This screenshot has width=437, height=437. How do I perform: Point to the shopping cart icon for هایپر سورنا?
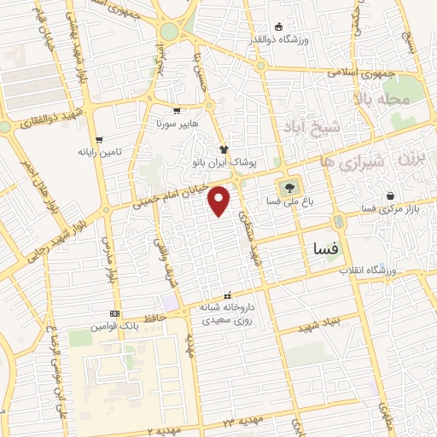pyautogui.click(x=176, y=111)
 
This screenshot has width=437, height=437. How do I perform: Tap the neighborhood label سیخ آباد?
pyautogui.click(x=339, y=127)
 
